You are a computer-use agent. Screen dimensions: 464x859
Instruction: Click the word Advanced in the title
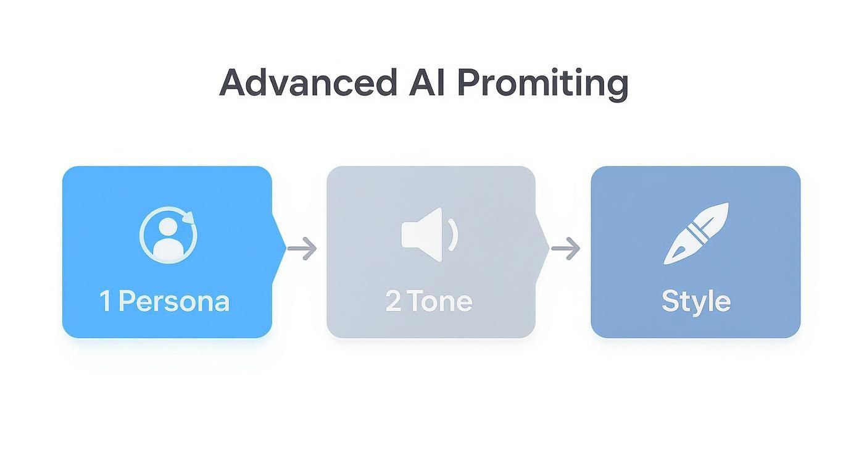308,82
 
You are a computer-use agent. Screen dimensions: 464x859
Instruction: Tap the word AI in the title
426,82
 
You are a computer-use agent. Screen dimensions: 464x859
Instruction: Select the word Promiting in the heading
542,83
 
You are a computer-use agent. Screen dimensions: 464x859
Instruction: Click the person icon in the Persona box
168,235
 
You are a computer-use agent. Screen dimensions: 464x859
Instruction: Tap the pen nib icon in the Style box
695,233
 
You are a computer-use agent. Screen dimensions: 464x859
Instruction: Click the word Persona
174,301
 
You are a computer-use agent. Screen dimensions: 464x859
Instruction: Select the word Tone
440,301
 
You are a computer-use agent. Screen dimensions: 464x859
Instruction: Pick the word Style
695,302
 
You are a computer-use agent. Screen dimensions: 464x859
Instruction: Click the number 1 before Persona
106,301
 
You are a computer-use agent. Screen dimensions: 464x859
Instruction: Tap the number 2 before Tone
393,301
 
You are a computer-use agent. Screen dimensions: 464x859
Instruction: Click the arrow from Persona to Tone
302,249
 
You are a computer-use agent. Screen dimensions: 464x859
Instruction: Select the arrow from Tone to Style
565,249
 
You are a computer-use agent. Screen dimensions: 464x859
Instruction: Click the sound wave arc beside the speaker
454,235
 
